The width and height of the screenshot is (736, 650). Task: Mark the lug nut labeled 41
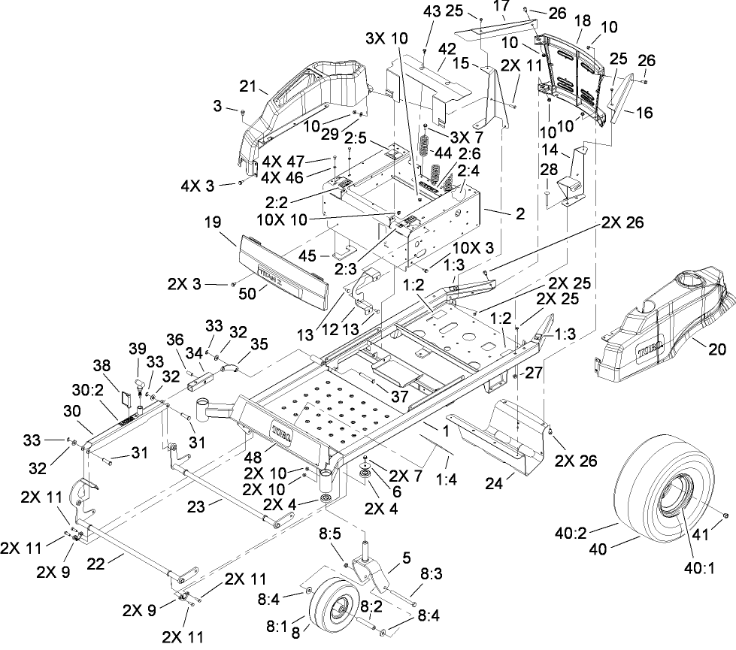click(x=725, y=515)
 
